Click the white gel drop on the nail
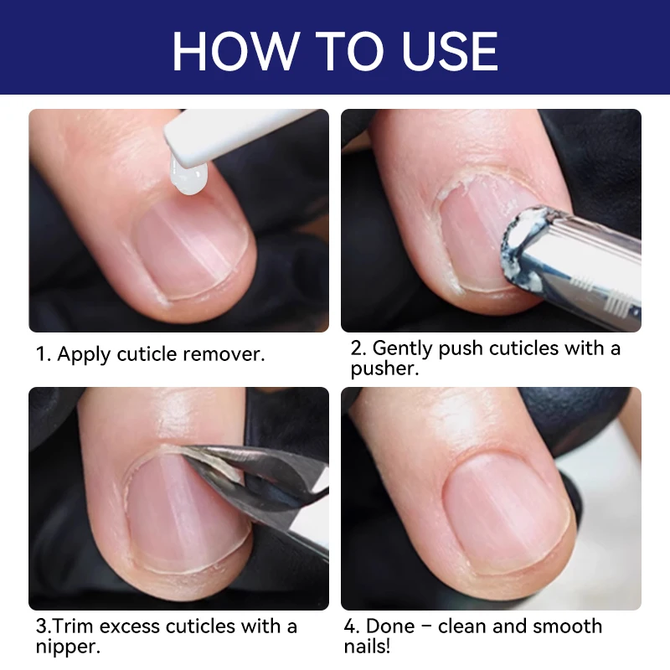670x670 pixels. point(188,178)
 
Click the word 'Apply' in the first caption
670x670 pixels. point(84,354)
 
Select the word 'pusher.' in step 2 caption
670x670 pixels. point(384,369)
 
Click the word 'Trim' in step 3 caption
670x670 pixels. point(77,626)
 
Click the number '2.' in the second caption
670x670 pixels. point(358,348)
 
